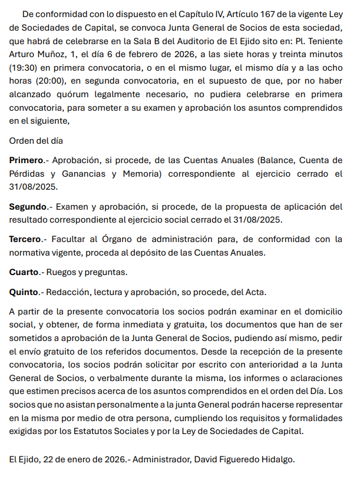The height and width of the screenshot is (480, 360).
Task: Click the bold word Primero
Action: point(26,160)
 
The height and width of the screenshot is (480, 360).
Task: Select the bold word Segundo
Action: point(28,207)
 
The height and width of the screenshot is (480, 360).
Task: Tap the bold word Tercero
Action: point(25,239)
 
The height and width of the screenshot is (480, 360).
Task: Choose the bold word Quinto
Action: point(24,292)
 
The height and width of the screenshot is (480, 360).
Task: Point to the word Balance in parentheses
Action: point(278,160)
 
